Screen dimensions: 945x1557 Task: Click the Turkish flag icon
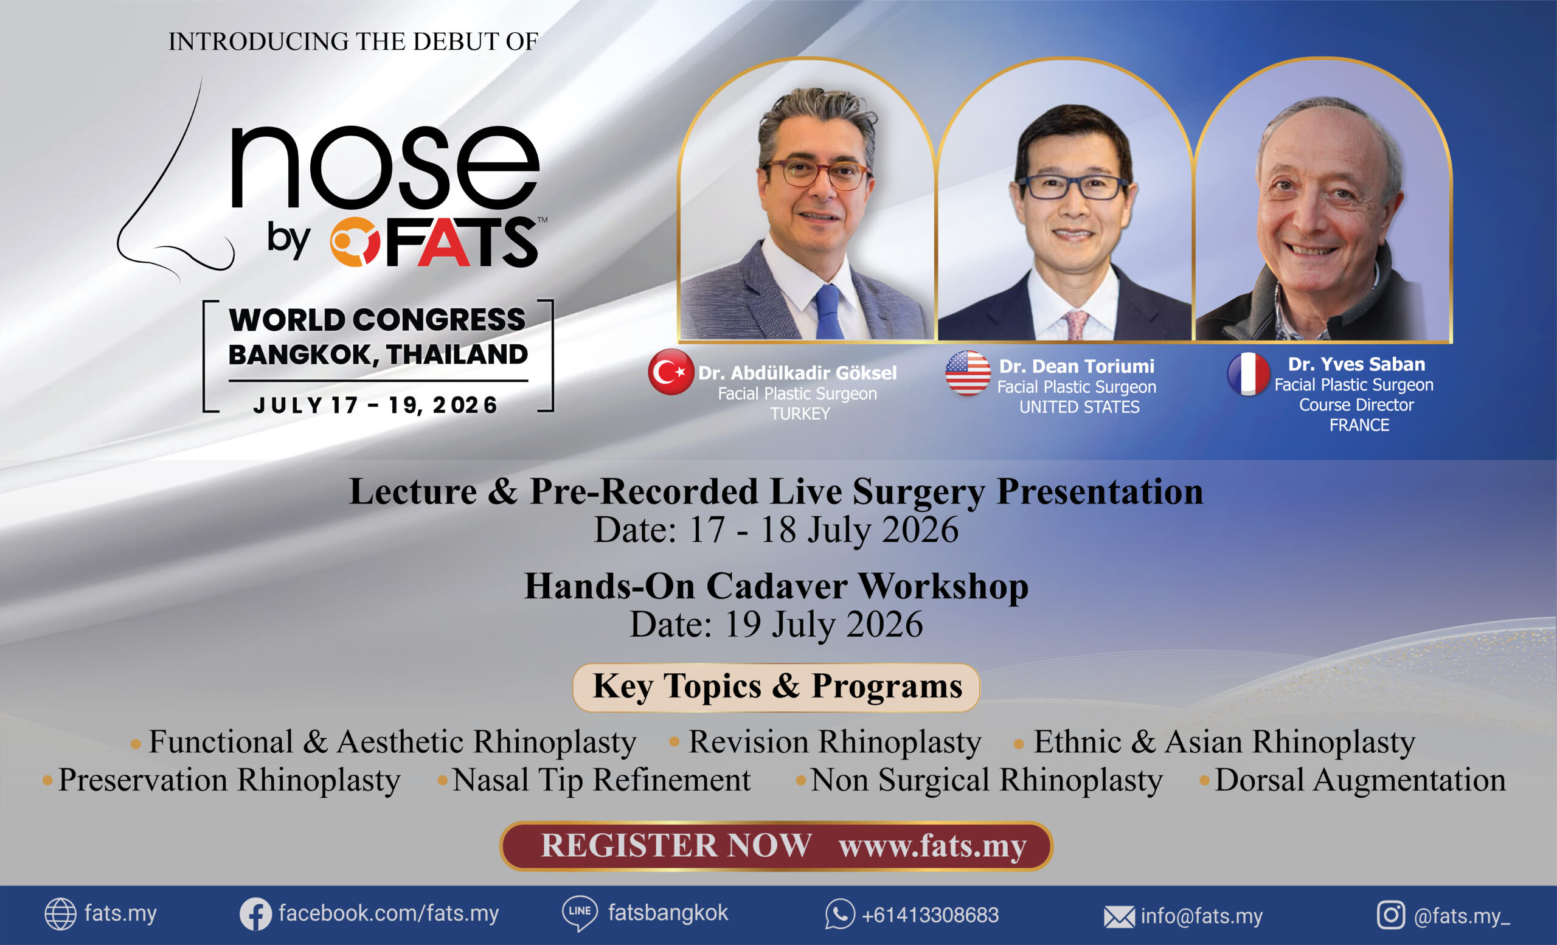pyautogui.click(x=670, y=372)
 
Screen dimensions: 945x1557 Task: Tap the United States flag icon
pyautogui.click(x=968, y=373)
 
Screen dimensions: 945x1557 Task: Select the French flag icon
pyautogui.click(x=1248, y=374)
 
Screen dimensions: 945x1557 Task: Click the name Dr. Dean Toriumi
pyautogui.click(x=1076, y=366)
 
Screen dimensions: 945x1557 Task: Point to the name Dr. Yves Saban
pyautogui.click(x=1356, y=364)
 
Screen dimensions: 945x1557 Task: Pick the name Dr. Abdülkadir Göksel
pyautogui.click(x=797, y=373)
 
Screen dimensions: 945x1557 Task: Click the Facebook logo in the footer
pyautogui.click(x=255, y=914)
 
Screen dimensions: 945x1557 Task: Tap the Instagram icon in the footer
pyautogui.click(x=1390, y=915)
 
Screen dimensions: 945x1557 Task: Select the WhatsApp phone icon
pyautogui.click(x=840, y=914)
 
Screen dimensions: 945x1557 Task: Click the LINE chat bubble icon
pyautogui.click(x=580, y=913)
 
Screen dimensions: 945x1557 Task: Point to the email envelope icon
pyautogui.click(x=1119, y=916)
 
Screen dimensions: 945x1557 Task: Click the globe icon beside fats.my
pyautogui.click(x=60, y=914)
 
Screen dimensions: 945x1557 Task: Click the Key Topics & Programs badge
pyautogui.click(x=776, y=687)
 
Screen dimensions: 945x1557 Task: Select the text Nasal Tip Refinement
pyautogui.click(x=601, y=780)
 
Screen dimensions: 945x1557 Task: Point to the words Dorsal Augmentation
pyautogui.click(x=1360, y=780)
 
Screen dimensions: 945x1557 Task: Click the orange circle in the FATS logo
pyautogui.click(x=355, y=241)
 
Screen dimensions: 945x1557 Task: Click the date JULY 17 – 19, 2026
pyautogui.click(x=375, y=405)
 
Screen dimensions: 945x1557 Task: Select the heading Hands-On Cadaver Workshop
pyautogui.click(x=776, y=586)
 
